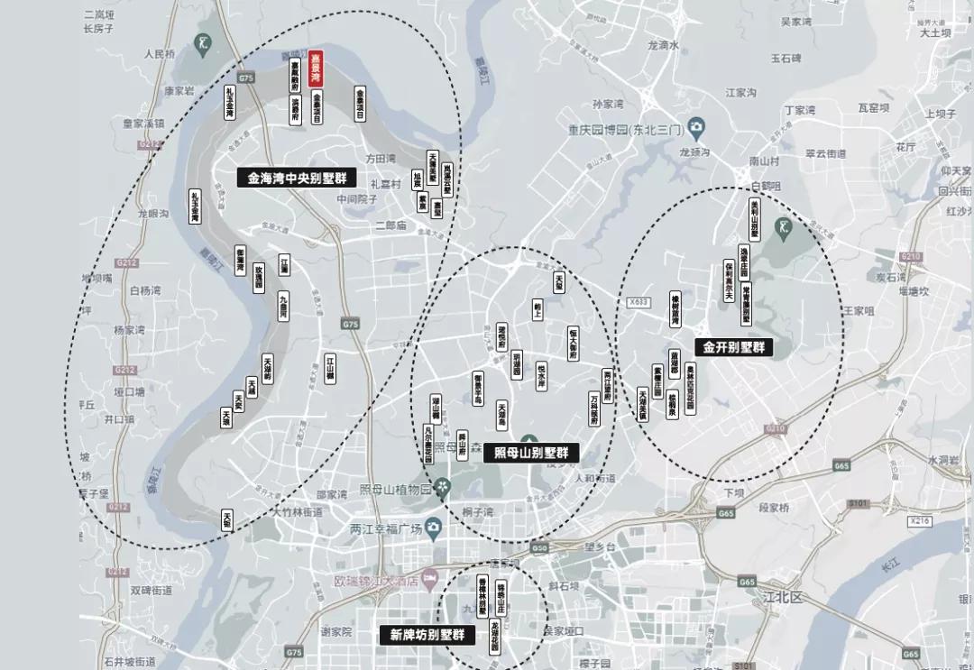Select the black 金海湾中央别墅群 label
pos(299,178)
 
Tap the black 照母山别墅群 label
pos(530,454)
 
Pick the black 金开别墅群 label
pos(732,346)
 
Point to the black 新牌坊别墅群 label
pos(427,635)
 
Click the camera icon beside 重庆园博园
pos(695,125)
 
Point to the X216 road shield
pos(919,521)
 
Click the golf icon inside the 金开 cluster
pos(786,225)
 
